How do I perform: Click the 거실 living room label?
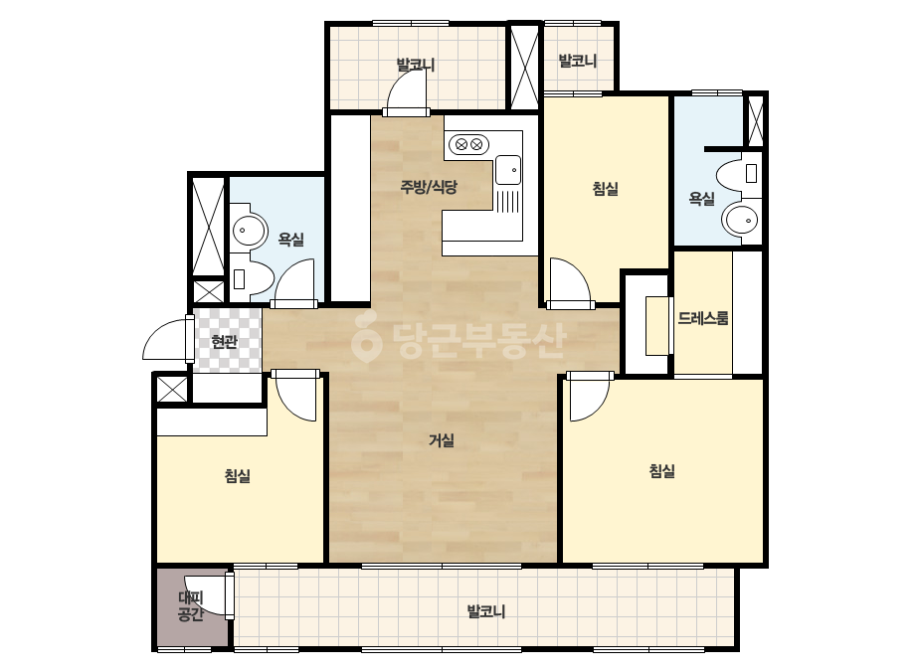tap(442, 439)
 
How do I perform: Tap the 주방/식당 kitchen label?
tap(429, 187)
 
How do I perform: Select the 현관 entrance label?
tap(224, 342)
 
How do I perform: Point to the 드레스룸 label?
tap(703, 318)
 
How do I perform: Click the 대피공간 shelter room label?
tap(190, 605)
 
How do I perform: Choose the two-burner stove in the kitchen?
tap(468, 143)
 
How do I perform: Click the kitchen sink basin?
tap(507, 170)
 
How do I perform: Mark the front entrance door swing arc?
tap(166, 340)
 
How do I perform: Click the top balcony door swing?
tap(408, 93)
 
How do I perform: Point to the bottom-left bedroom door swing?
tap(296, 396)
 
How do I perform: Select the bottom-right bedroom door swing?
tap(590, 398)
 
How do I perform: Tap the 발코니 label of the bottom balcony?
tap(486, 611)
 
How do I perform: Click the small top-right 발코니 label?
tap(577, 61)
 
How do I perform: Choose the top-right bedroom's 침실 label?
tap(606, 189)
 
